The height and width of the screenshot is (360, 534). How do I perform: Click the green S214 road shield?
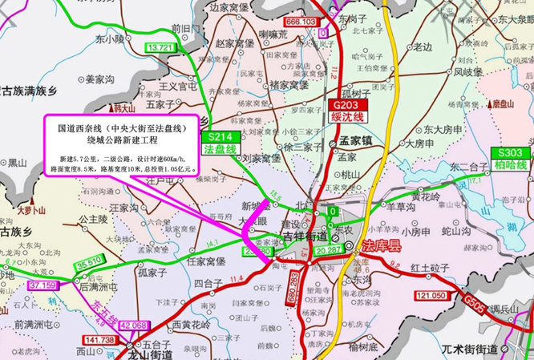[x=220, y=137]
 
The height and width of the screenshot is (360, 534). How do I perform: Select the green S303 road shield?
[x=510, y=152]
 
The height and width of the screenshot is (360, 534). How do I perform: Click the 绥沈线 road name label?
[x=348, y=117]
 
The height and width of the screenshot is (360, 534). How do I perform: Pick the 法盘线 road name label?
[x=220, y=149]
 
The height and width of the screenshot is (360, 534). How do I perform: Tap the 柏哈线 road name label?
[x=510, y=164]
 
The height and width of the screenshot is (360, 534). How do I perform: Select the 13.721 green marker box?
[x=160, y=48]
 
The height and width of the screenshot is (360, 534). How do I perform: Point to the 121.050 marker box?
[x=431, y=297]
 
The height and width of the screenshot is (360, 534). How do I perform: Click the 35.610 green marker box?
[x=90, y=262]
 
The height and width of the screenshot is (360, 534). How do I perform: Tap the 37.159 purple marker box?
[x=42, y=285]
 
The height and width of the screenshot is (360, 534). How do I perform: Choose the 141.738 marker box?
[x=99, y=341]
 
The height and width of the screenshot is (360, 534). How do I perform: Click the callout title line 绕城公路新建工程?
[x=122, y=140]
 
